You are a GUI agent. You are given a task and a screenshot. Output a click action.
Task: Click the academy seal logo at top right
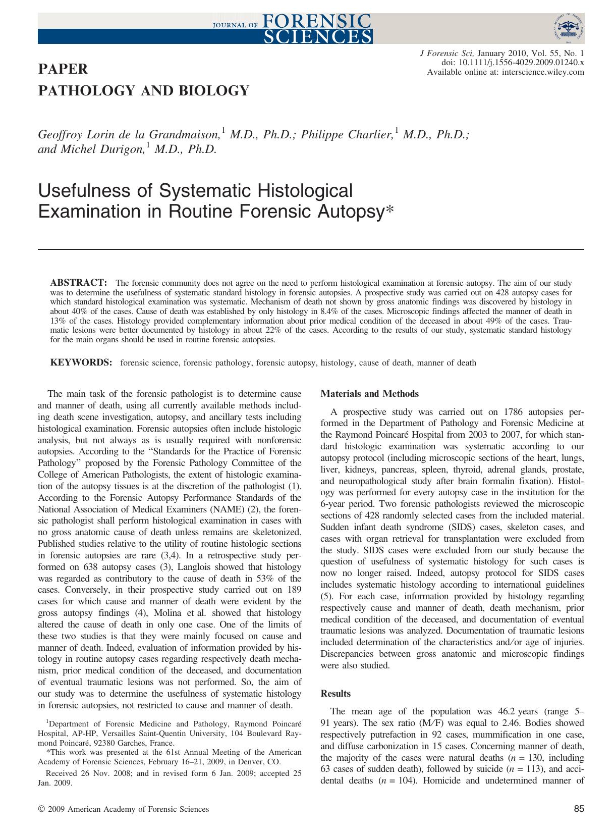click(x=568, y=27)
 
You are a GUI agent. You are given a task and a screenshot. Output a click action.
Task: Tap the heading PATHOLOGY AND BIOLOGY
click(x=144, y=91)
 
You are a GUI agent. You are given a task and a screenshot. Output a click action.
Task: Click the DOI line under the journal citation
click(x=513, y=63)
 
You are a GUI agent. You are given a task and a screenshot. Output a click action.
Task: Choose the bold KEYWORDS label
click(x=81, y=362)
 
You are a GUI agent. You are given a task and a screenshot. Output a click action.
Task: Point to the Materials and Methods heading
click(x=370, y=394)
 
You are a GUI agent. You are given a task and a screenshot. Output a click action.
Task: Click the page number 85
click(x=579, y=809)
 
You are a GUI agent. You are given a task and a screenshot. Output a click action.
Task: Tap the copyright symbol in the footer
click(x=41, y=809)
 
